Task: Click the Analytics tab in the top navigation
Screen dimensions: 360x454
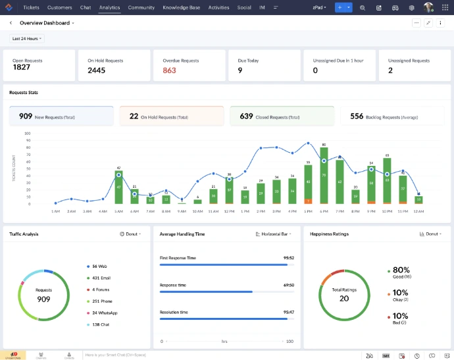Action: (x=109, y=8)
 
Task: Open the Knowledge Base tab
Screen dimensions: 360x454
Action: (x=181, y=8)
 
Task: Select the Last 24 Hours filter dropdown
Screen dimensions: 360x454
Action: (x=27, y=39)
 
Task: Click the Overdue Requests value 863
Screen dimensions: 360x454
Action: (x=170, y=70)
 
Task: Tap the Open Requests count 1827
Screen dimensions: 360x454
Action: (x=22, y=67)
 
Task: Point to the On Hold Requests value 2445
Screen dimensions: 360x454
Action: (x=97, y=70)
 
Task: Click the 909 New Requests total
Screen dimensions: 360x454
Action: (x=26, y=116)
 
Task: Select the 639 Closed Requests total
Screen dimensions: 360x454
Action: (x=246, y=116)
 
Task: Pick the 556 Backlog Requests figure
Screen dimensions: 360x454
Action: (x=357, y=116)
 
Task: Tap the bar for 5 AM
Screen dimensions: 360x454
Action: (x=118, y=188)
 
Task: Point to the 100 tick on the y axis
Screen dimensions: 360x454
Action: (x=28, y=133)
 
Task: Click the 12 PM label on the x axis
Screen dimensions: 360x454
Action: (x=228, y=211)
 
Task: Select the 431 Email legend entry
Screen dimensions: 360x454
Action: (x=100, y=278)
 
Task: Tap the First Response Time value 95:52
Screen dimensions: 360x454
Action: (x=288, y=258)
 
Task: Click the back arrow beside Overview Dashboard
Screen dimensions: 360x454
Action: (x=11, y=22)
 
